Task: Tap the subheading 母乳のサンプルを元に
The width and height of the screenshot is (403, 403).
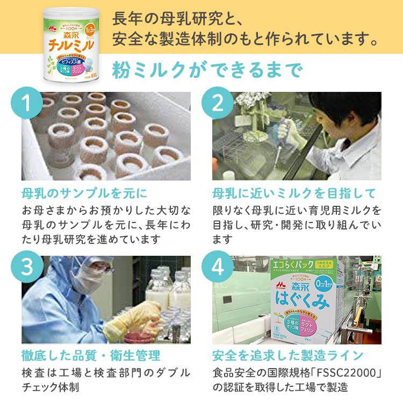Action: tap(84, 193)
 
